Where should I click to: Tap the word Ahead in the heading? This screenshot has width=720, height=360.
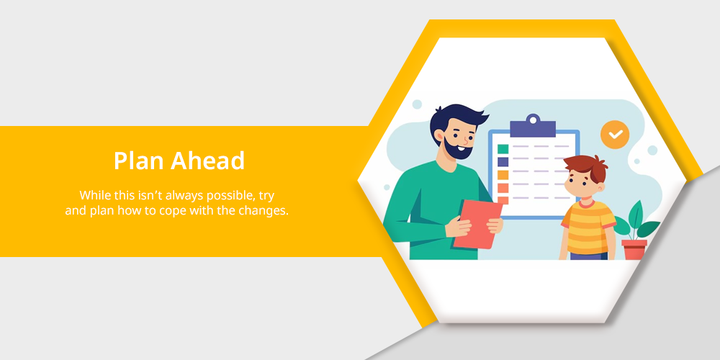click(208, 161)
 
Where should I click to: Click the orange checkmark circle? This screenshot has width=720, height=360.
click(615, 135)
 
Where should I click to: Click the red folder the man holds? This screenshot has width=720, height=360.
click(478, 224)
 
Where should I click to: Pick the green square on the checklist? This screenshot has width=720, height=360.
click(503, 149)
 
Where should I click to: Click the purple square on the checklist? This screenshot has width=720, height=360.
click(503, 161)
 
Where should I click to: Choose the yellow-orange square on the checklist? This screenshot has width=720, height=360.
click(503, 175)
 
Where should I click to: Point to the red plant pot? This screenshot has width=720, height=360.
click(634, 249)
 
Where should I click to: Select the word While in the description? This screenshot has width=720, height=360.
click(94, 195)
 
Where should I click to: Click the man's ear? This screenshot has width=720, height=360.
click(439, 135)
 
